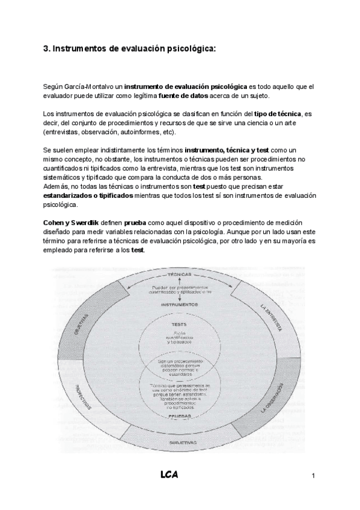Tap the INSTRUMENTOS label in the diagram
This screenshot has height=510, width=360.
pyautogui.click(x=180, y=304)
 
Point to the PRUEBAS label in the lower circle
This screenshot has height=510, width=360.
pyautogui.click(x=180, y=415)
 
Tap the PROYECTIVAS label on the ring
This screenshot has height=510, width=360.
pyautogui.click(x=83, y=398)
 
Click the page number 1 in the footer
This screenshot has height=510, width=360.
pyautogui.click(x=314, y=476)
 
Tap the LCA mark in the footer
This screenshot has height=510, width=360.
pyautogui.click(x=169, y=475)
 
